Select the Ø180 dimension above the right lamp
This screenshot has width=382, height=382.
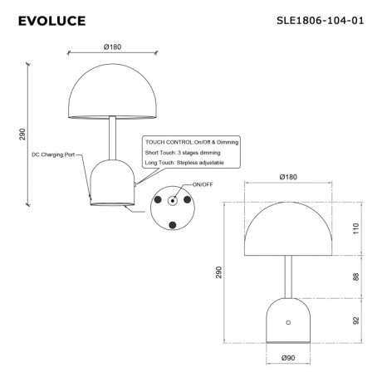pos(289,178)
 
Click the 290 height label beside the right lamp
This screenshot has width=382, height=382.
pos(220,272)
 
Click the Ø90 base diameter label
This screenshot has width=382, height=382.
pos(288,360)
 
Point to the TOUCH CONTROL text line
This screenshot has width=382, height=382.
pos(191,143)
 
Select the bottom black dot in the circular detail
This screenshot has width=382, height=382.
pos(173,225)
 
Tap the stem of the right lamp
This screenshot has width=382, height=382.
pos(289,275)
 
